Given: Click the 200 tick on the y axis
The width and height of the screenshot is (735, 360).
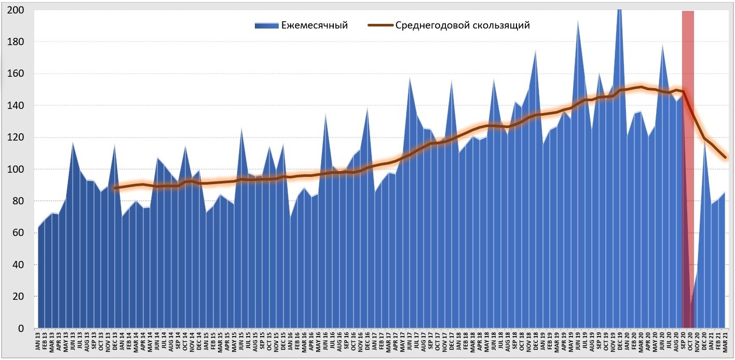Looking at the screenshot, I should click(16, 10).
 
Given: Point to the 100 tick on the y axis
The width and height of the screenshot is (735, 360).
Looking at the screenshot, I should click(16, 170).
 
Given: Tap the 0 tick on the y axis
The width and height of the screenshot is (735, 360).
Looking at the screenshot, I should click(21, 328).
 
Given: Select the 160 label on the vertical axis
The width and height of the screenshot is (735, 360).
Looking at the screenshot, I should click(16, 74).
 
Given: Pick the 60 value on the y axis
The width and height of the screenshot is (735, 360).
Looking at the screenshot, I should click(19, 233).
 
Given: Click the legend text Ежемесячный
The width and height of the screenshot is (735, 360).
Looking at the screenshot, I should click(314, 25).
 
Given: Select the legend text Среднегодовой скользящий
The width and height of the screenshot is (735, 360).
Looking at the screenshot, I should click(462, 25).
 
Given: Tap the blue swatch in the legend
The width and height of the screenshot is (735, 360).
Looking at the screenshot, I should click(266, 25).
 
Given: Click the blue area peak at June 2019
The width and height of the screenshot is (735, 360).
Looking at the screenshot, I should click(578, 21).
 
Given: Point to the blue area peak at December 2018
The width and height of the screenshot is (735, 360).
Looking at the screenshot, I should click(536, 50).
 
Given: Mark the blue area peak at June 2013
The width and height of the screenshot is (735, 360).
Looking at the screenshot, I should click(73, 142).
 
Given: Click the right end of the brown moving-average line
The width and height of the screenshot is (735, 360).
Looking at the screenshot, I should click(725, 157).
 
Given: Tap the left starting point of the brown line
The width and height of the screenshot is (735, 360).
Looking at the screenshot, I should click(115, 188).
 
